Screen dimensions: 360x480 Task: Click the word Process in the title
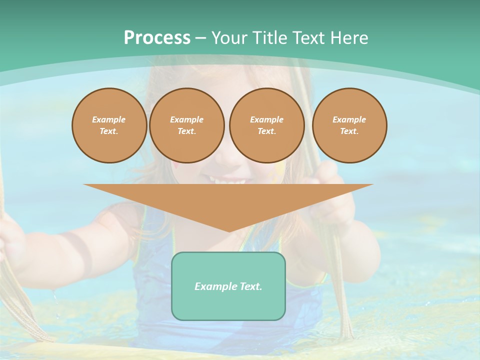[x=157, y=38]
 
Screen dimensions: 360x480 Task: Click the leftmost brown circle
[x=109, y=125]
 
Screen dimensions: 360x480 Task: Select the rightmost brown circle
[x=349, y=125]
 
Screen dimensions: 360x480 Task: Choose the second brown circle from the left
[x=186, y=125]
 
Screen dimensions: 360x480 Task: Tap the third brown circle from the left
[x=266, y=125]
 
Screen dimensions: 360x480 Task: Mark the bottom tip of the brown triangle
[x=229, y=230]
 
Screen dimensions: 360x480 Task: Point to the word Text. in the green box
[x=250, y=286]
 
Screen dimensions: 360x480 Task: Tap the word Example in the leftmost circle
[x=109, y=119]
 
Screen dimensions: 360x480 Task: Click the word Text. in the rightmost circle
[x=349, y=131]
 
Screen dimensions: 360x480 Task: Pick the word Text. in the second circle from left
[x=186, y=131]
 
